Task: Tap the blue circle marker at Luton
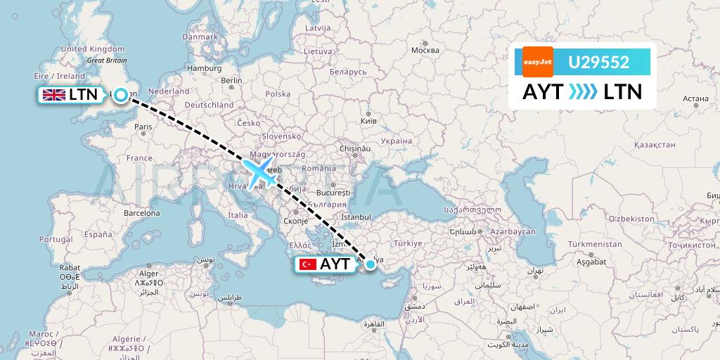(122, 95)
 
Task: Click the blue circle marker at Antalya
(370, 264)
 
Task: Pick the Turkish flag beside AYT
(307, 264)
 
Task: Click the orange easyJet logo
(537, 62)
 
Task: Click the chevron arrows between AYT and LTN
(581, 92)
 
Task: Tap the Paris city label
(143, 127)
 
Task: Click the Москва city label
(425, 50)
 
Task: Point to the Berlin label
(231, 81)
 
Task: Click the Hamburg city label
(205, 68)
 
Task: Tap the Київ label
(368, 121)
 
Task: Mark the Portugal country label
(55, 239)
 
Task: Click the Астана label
(695, 99)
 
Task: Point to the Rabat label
(68, 267)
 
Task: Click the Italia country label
(237, 215)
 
